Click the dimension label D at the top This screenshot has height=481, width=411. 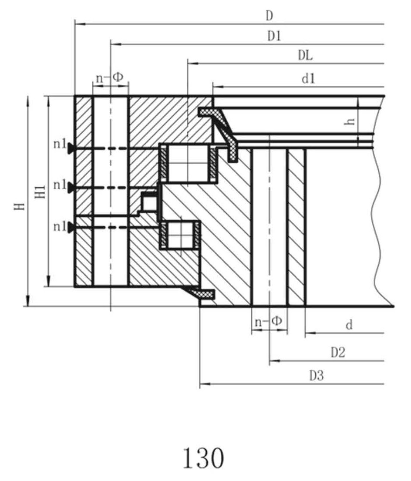(x=269, y=16)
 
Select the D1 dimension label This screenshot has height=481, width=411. (x=274, y=36)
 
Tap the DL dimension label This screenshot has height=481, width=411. (x=305, y=56)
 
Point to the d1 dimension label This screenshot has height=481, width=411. (x=308, y=79)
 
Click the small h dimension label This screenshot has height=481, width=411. (x=350, y=121)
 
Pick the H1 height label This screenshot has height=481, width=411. (x=41, y=192)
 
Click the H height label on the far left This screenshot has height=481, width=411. (x=20, y=206)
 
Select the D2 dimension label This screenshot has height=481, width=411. (x=338, y=353)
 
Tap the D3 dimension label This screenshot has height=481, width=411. (x=317, y=376)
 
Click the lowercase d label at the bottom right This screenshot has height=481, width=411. (x=349, y=325)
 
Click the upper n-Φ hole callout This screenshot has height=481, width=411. (x=109, y=77)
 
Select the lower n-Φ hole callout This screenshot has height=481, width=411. (x=268, y=322)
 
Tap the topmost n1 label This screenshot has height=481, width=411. (x=60, y=144)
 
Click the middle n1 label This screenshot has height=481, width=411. (x=60, y=185)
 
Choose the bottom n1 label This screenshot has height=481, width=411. (x=60, y=227)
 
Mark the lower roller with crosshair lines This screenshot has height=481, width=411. (x=180, y=235)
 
